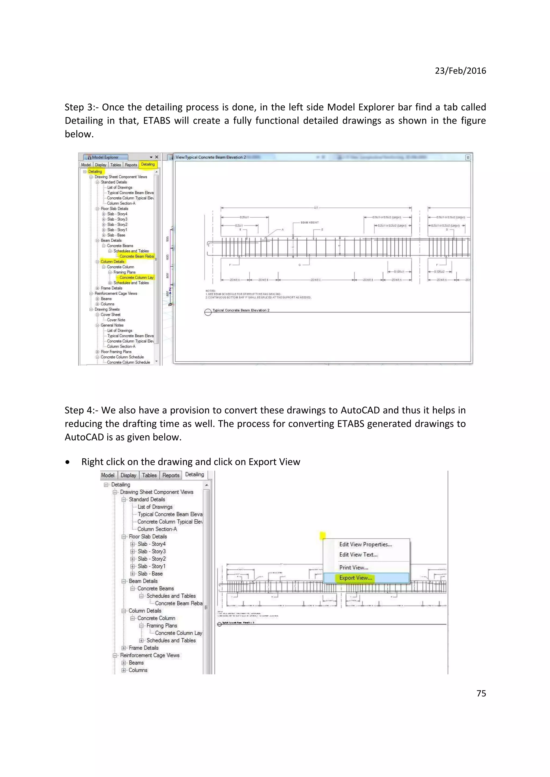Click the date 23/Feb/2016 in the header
(460, 71)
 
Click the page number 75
(481, 693)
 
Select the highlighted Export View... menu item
(356, 578)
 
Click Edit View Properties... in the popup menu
(365, 544)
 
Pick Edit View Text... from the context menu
(358, 554)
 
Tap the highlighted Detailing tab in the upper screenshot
(148, 164)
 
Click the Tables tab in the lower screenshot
(149, 475)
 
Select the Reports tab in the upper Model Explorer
(131, 165)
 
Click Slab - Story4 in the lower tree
(151, 544)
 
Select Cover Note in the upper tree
(116, 320)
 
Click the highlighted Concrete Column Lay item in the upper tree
(136, 277)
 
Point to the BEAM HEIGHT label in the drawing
(309, 223)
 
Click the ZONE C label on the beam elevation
(316, 280)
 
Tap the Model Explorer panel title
(105, 157)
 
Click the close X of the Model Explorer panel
(157, 157)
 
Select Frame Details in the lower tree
(143, 648)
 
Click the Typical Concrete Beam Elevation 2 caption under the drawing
(241, 310)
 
